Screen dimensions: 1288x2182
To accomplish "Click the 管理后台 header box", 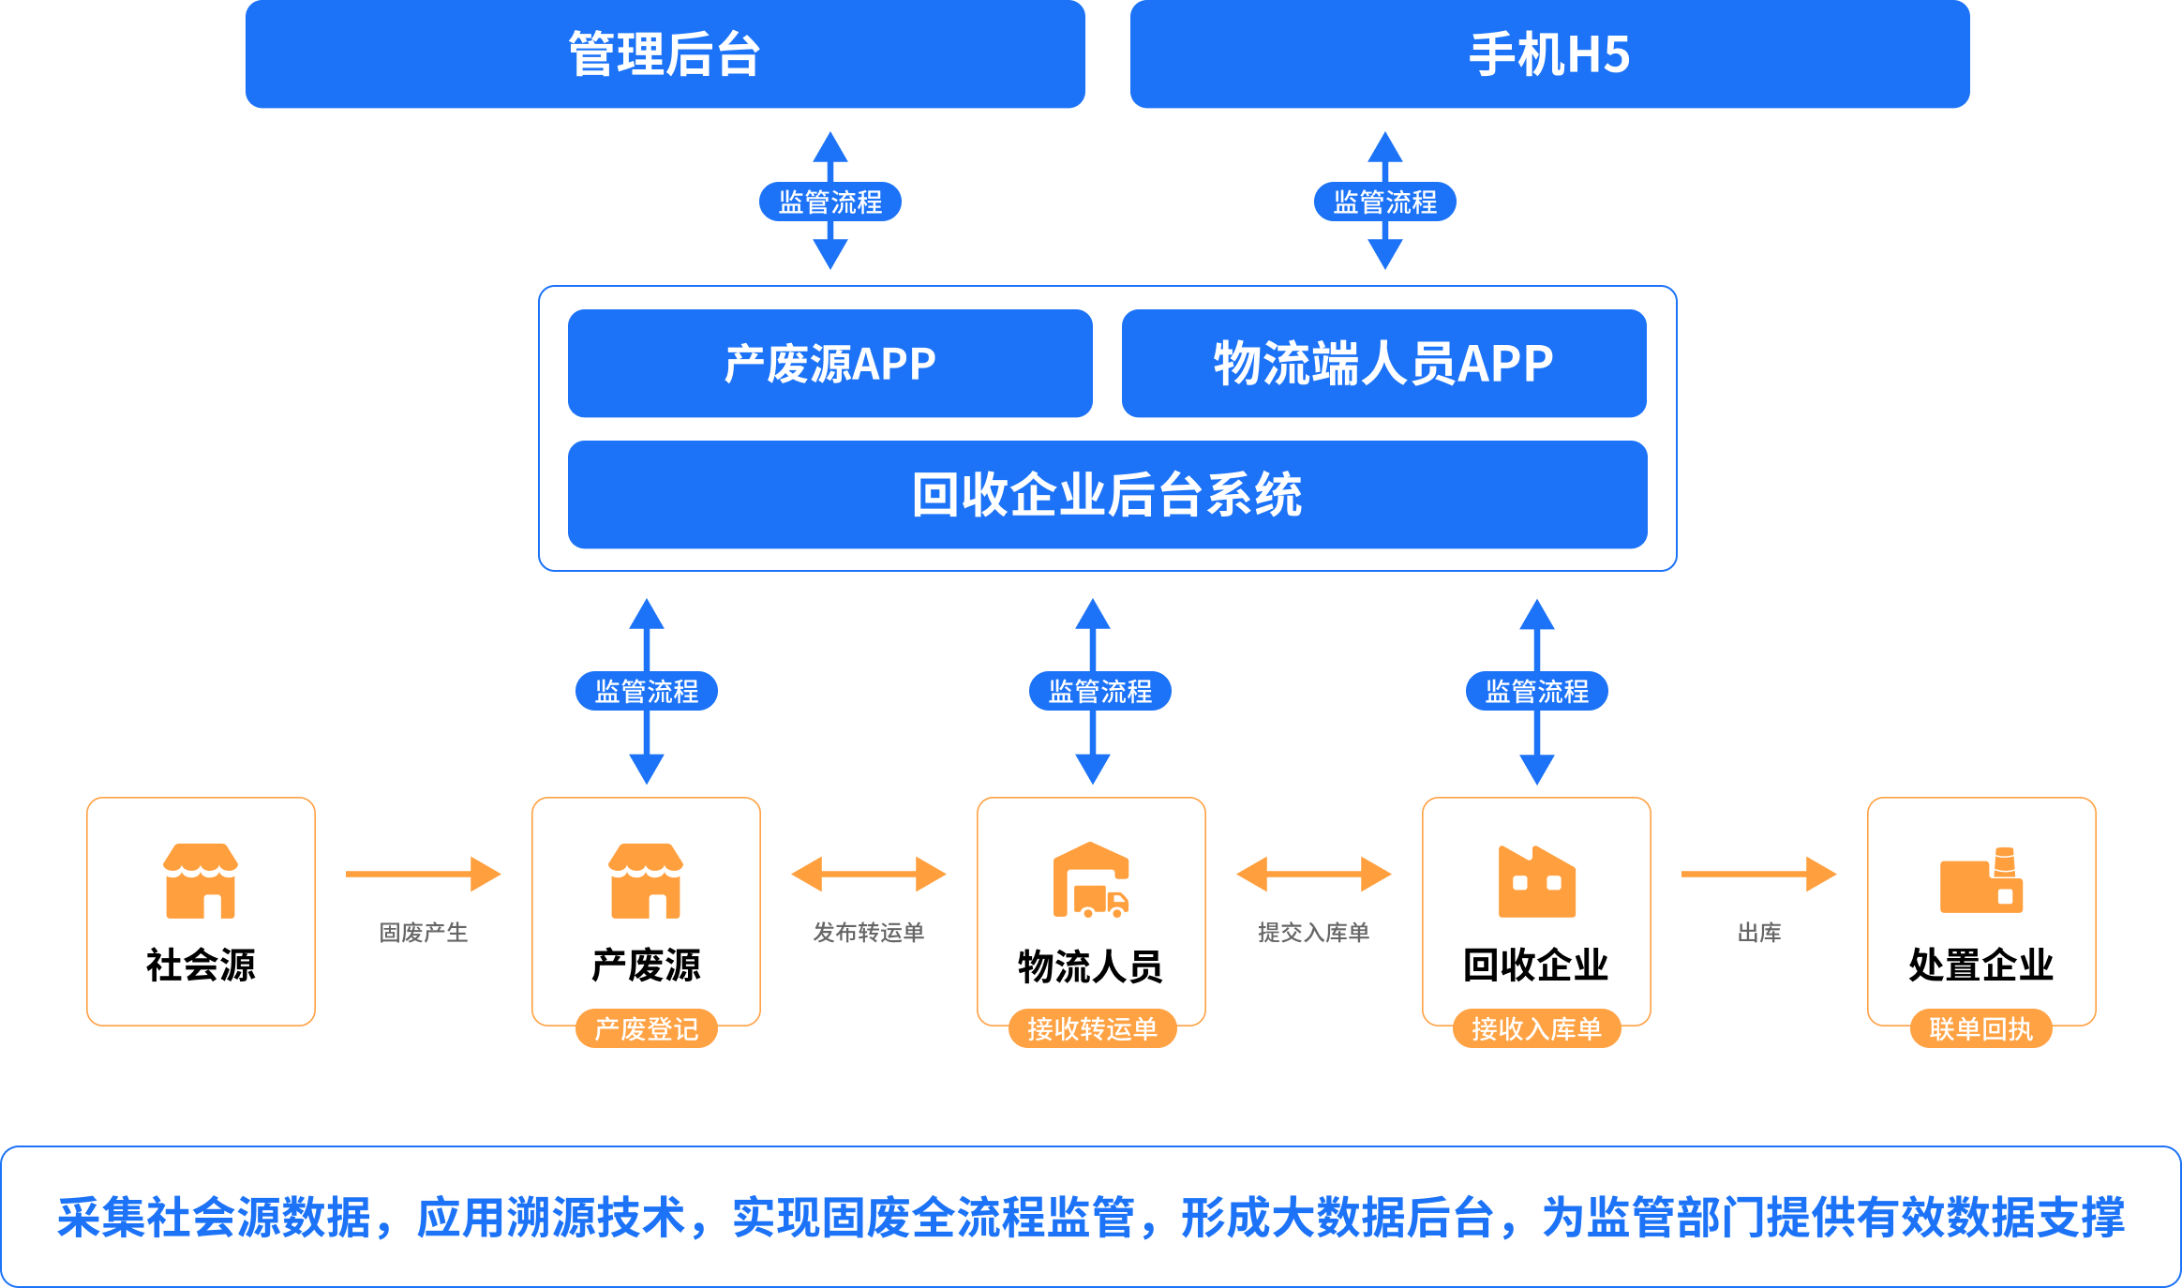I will tap(665, 54).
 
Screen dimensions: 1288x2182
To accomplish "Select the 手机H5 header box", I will tap(1549, 54).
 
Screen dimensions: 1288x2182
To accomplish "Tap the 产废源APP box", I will tap(829, 364).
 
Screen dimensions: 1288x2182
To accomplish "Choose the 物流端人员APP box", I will tap(1383, 364).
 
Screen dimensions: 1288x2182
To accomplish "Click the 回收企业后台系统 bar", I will tap(1107, 495).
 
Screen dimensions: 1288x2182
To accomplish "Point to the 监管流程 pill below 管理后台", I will tap(829, 202).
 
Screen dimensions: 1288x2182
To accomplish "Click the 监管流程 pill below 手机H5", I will tap(1384, 202).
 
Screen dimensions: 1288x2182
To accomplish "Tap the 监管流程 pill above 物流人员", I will tap(1099, 691).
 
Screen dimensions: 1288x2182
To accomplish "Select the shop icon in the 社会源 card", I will tap(201, 880).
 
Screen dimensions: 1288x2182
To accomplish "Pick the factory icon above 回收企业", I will tap(1536, 881).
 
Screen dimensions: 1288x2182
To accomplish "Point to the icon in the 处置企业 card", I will tap(1980, 880).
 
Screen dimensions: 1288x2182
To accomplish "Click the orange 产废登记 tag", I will tap(646, 1028).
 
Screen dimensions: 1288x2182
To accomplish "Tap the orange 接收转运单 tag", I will tap(1092, 1028).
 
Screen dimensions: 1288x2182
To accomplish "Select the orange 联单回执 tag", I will tap(1980, 1028).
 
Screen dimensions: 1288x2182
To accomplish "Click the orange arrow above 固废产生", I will tap(423, 874).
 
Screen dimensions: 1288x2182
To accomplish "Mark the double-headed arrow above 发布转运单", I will tap(868, 874).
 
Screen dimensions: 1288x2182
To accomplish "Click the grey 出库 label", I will tap(1758, 932).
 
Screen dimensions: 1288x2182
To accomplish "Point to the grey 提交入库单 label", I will tap(1313, 932).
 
